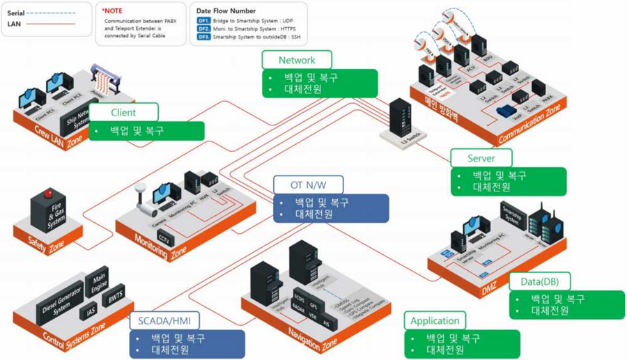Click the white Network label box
pyautogui.click(x=297, y=60)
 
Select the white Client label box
pyautogui.click(x=123, y=112)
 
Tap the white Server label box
pyautogui.click(x=481, y=158)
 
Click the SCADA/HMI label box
pyautogui.click(x=164, y=320)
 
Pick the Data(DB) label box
pyautogui.click(x=540, y=281)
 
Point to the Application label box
pyautogui.click(x=435, y=321)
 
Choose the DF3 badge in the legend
pyautogui.click(x=203, y=37)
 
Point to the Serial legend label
pyautogui.click(x=16, y=13)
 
